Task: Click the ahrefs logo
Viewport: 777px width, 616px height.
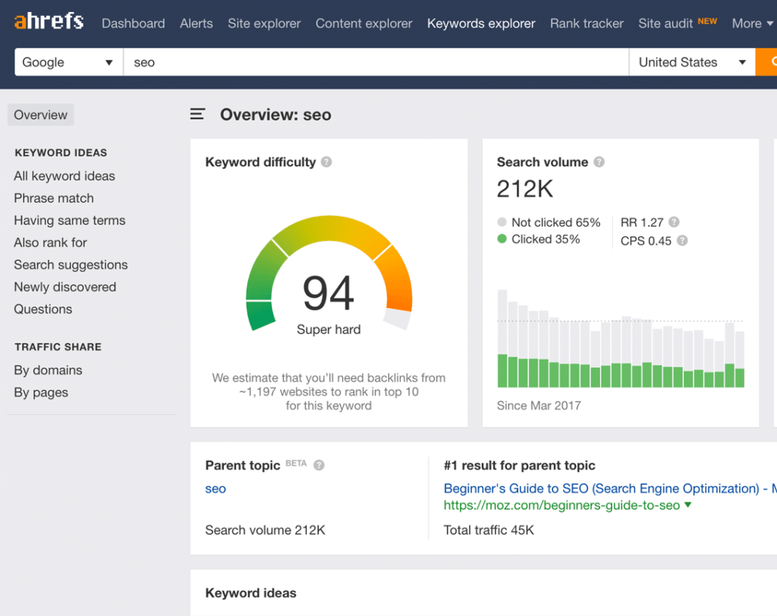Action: pos(49,20)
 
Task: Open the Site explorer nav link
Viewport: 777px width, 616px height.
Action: pos(264,24)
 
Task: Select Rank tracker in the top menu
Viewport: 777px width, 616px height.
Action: pos(587,24)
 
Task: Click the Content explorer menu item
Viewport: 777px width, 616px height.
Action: pos(363,24)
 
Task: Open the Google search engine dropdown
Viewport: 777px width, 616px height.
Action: pos(69,62)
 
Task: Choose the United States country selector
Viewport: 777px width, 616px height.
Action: pos(692,62)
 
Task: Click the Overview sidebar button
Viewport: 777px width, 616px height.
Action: pos(41,115)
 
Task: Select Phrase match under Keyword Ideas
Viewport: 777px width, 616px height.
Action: pos(54,198)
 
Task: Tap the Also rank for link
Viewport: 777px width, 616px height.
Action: pos(51,242)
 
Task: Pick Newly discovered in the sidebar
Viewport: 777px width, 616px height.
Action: pos(65,287)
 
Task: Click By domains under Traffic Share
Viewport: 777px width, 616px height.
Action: pos(48,370)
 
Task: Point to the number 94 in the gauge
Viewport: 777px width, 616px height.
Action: pos(328,294)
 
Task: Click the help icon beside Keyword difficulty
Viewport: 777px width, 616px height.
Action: pos(326,162)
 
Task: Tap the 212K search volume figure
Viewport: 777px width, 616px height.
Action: pos(525,189)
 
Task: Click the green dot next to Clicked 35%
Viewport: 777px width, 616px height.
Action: pos(502,239)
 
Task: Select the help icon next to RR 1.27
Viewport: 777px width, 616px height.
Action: pos(674,222)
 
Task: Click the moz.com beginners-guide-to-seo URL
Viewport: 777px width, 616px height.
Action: pos(562,505)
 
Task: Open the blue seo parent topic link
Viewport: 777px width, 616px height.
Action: pos(215,489)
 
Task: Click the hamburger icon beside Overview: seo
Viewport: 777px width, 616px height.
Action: pos(197,115)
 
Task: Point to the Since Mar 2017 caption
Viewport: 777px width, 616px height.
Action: pos(539,405)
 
